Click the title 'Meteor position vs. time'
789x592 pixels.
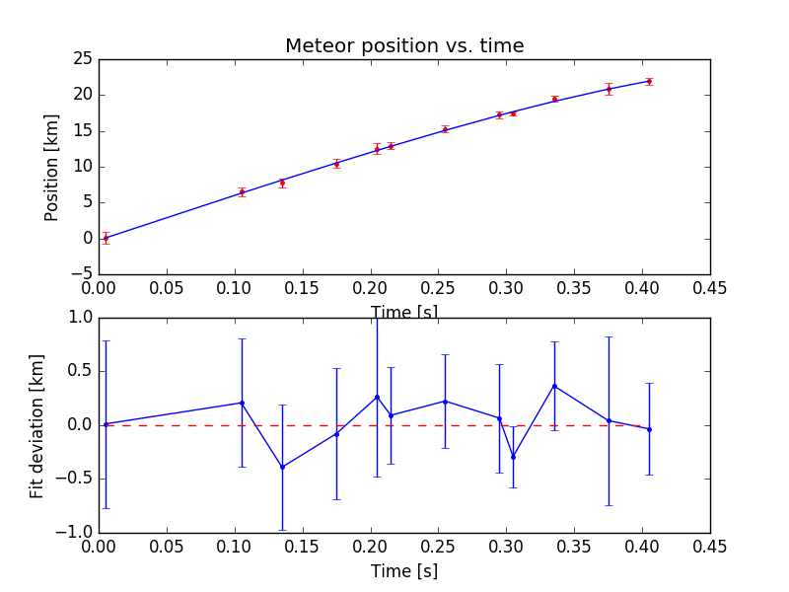[x=404, y=46]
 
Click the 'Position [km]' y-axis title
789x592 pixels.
[x=52, y=167]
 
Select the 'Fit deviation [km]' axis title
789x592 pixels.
[x=37, y=425]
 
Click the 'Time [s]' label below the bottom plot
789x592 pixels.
[x=404, y=571]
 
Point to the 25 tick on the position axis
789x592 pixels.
[x=83, y=59]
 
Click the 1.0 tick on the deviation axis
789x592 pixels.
[x=79, y=318]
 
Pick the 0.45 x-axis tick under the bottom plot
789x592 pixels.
[x=710, y=549]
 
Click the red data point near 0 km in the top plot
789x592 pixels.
[x=106, y=238]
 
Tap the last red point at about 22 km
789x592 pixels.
[x=649, y=81]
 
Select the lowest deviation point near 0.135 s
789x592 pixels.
[x=282, y=467]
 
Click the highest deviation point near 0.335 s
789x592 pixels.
[x=554, y=386]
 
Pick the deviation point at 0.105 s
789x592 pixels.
[x=242, y=403]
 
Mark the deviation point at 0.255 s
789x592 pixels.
[x=445, y=402]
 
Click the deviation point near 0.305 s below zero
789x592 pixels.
[x=513, y=457]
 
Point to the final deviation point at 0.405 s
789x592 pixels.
[x=649, y=429]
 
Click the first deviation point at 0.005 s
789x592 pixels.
[x=106, y=424]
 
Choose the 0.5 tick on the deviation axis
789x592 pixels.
[x=79, y=372]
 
